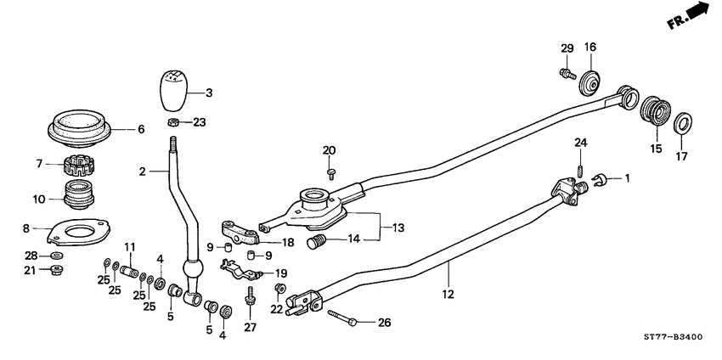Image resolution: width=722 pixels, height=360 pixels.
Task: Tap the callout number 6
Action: (141, 129)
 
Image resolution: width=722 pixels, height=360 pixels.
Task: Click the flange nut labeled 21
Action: (57, 271)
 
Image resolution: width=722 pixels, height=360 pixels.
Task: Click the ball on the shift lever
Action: (194, 273)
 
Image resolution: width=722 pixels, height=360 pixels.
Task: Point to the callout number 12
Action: (448, 294)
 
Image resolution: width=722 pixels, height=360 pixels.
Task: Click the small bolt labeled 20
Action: (330, 173)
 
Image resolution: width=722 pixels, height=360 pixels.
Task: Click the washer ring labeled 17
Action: (682, 126)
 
